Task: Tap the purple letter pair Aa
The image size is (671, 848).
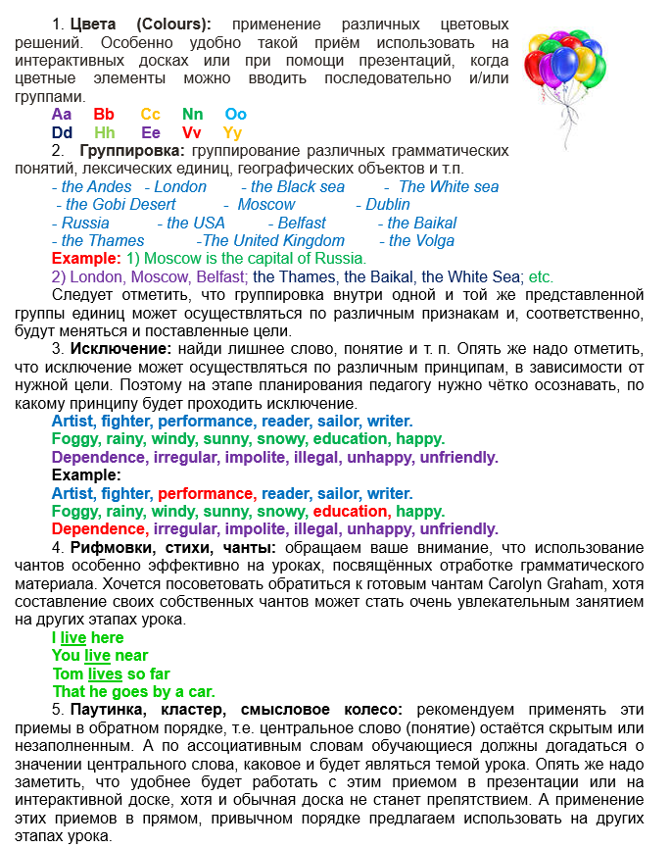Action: point(62,115)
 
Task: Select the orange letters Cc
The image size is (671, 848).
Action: point(150,115)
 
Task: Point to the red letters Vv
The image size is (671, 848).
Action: point(192,132)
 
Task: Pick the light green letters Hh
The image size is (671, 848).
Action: point(105,132)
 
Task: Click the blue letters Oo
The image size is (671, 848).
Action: point(235,115)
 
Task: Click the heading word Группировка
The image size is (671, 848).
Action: point(132,151)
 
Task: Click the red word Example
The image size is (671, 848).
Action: point(85,259)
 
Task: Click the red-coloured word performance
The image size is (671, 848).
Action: point(206,493)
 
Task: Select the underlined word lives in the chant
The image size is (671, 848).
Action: point(104,673)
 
